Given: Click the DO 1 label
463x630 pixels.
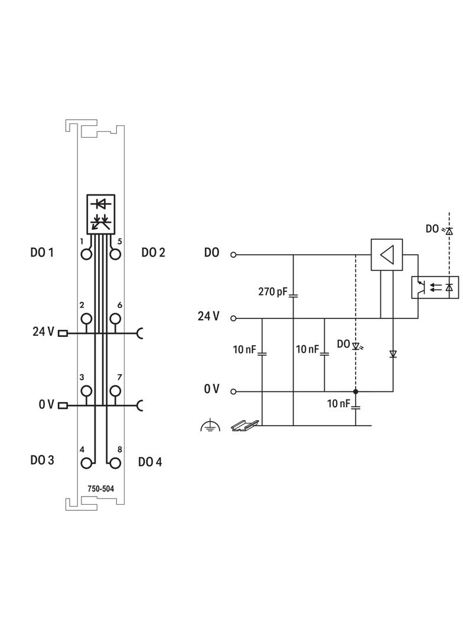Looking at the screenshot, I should click(x=42, y=253).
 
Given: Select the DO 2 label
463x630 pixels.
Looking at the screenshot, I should click(x=153, y=253).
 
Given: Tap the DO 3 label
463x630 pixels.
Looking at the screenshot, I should click(x=42, y=460).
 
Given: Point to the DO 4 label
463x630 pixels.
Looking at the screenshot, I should click(x=150, y=462).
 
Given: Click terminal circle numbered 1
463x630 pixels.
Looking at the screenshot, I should click(x=87, y=254).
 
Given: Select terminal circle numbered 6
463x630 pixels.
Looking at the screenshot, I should click(x=115, y=319).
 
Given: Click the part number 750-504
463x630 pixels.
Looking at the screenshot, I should click(x=101, y=489).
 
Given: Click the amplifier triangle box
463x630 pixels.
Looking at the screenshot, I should click(x=386, y=255).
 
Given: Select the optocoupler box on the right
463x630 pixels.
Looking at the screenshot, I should click(x=435, y=287).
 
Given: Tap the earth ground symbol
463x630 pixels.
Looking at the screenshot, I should click(x=210, y=425).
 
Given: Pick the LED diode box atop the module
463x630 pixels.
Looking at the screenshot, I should click(x=101, y=213).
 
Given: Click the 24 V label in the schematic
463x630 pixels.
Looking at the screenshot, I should click(x=208, y=317).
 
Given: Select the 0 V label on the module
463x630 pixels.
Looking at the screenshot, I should click(x=47, y=405).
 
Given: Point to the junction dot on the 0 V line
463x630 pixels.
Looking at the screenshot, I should click(x=356, y=391).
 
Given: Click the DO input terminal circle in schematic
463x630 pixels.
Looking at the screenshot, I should click(x=233, y=255).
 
